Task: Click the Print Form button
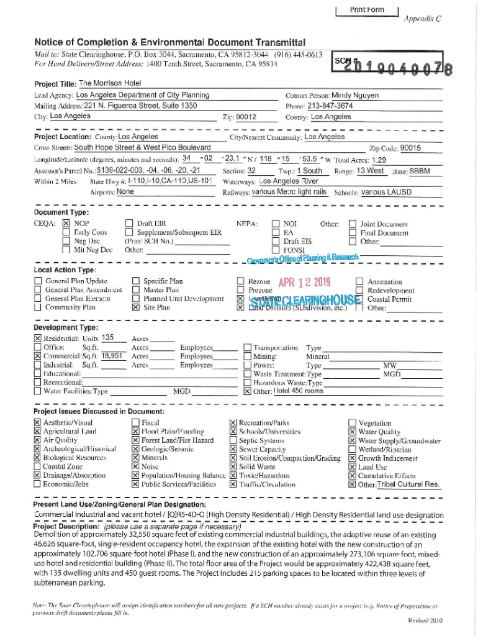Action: click(x=366, y=9)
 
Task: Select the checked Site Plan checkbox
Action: click(x=135, y=307)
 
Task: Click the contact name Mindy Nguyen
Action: click(x=355, y=96)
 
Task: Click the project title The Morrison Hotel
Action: click(x=110, y=83)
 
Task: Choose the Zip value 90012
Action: click(x=246, y=117)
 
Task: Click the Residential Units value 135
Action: click(x=107, y=338)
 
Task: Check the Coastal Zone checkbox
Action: click(x=37, y=466)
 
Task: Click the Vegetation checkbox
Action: click(x=352, y=423)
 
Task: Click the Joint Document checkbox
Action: click(x=352, y=224)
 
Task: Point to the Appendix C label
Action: click(x=422, y=19)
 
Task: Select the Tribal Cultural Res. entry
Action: click(x=408, y=484)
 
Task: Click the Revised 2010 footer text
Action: click(x=425, y=621)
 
